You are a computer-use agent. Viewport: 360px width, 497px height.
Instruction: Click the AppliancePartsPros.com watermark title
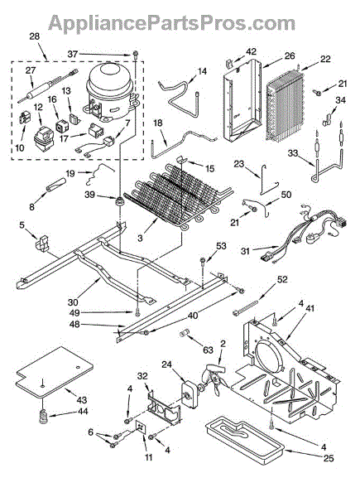pyautogui.click(x=171, y=23)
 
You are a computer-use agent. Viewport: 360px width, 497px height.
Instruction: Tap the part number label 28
pyautogui.click(x=35, y=36)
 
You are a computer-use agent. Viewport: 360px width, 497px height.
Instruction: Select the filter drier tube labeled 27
pyautogui.click(x=47, y=86)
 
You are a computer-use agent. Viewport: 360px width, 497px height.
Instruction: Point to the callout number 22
pyautogui.click(x=325, y=59)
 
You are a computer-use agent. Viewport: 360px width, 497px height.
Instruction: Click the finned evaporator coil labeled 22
pyautogui.click(x=285, y=107)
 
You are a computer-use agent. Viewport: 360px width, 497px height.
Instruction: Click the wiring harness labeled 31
pyautogui.click(x=305, y=233)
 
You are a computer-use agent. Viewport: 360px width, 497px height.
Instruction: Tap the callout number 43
pyautogui.click(x=81, y=400)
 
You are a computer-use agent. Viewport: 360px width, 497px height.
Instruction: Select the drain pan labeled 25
pyautogui.click(x=244, y=439)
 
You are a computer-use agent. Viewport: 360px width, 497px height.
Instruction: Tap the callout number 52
pyautogui.click(x=282, y=279)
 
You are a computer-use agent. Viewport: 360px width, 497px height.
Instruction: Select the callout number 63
pyautogui.click(x=208, y=350)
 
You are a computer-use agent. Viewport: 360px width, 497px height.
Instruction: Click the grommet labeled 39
pyautogui.click(x=120, y=201)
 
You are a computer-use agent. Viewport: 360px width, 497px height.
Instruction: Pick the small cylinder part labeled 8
pyautogui.click(x=56, y=185)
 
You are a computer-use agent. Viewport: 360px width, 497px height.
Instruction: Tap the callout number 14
pyautogui.click(x=202, y=71)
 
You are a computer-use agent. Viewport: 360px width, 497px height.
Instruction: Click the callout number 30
pyautogui.click(x=73, y=302)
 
